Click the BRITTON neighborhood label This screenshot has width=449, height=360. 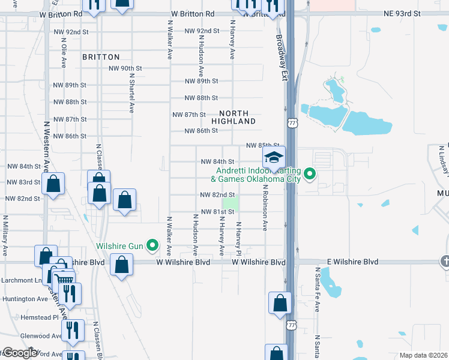point(101,57)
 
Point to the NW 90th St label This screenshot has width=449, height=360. point(125,68)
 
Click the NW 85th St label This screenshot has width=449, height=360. point(263,146)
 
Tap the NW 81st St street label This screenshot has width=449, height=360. point(217,212)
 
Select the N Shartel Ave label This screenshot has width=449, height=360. point(130,97)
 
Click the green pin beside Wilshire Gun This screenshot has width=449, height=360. point(152,245)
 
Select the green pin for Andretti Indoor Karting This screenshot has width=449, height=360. point(310,175)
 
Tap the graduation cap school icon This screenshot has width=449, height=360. point(274,158)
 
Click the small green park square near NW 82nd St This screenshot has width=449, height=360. point(231,203)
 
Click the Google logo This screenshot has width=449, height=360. point(20,353)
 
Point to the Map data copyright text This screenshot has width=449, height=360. point(424,355)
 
